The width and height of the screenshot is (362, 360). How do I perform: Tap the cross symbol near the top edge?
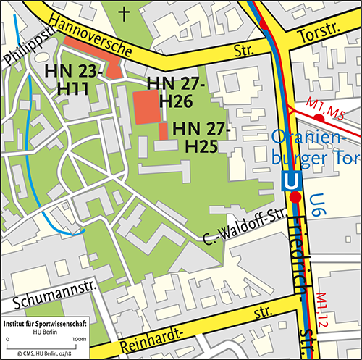click(127, 12)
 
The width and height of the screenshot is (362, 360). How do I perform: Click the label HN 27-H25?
click(201, 137)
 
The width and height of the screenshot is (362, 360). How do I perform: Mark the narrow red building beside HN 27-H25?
click(163, 131)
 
